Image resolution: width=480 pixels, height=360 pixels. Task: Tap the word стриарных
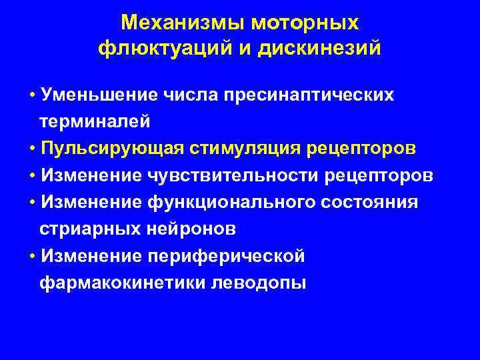(82, 229)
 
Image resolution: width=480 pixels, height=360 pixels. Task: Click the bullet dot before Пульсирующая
(33, 149)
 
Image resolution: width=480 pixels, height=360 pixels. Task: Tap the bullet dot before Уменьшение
(33, 95)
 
